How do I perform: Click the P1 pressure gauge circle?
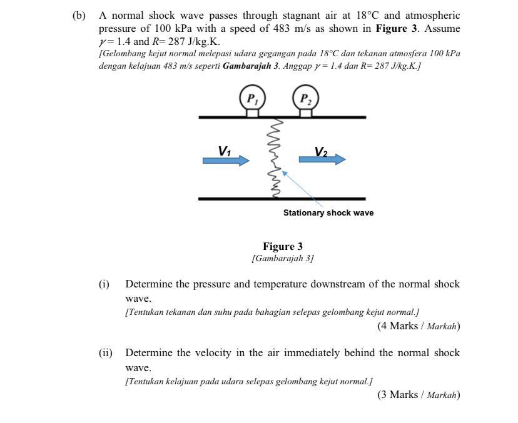(x=252, y=99)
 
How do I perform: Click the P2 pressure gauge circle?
(x=305, y=99)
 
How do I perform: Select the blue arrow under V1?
(x=226, y=161)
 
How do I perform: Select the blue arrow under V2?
(x=322, y=159)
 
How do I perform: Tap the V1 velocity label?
(x=225, y=151)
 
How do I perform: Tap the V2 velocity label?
(x=321, y=151)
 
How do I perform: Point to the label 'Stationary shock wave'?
(x=328, y=213)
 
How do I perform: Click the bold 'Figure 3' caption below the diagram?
(x=283, y=246)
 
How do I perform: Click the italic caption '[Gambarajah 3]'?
(x=283, y=258)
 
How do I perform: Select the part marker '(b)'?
(x=79, y=15)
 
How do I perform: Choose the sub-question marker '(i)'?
(x=104, y=284)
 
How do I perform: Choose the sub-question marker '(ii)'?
(x=105, y=353)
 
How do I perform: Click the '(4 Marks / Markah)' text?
(x=418, y=326)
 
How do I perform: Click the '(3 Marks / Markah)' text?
(x=418, y=394)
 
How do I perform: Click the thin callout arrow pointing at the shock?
(x=303, y=189)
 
